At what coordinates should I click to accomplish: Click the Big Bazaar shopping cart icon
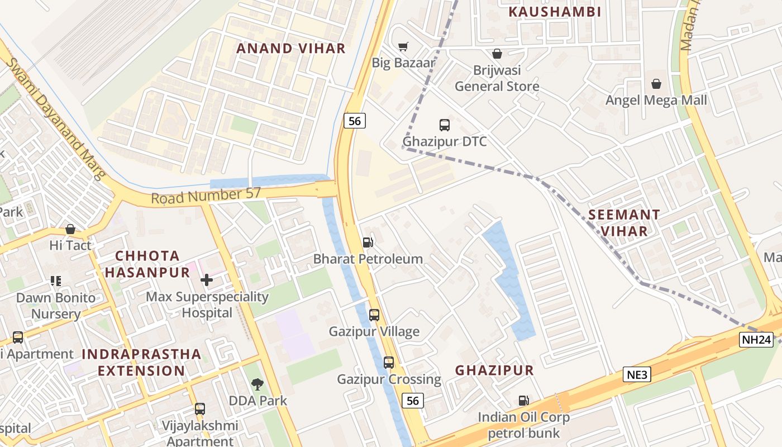click(x=403, y=46)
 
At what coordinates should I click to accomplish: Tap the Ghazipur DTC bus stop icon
click(x=445, y=125)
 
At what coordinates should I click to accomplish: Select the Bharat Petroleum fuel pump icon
click(x=368, y=242)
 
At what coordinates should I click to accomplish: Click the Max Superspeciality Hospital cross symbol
click(x=207, y=279)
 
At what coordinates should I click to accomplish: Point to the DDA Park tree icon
click(x=258, y=384)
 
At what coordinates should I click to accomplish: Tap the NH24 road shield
click(x=756, y=340)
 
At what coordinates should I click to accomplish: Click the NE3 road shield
click(x=637, y=374)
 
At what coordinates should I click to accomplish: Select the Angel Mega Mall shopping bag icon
click(x=656, y=84)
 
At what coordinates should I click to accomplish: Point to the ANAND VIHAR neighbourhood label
click(x=291, y=48)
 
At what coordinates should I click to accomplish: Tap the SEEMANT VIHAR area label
click(x=624, y=223)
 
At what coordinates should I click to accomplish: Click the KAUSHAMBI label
click(x=555, y=12)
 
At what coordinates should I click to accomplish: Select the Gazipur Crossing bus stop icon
click(x=389, y=363)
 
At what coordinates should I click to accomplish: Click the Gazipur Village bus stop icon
click(x=374, y=315)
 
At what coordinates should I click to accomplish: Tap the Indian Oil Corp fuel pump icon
click(x=523, y=401)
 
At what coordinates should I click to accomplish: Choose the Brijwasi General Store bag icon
click(x=497, y=54)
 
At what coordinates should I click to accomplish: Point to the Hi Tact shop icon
click(x=70, y=229)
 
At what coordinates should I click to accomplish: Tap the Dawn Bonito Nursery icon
click(x=55, y=280)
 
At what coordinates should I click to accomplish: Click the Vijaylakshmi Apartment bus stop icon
click(x=200, y=409)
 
